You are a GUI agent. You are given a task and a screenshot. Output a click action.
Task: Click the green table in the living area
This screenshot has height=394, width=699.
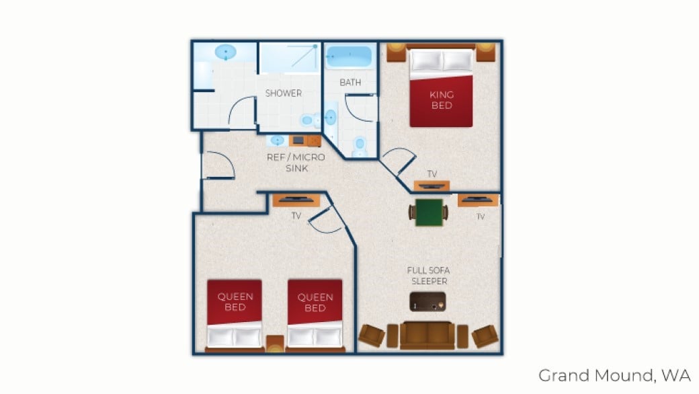tap(428, 212)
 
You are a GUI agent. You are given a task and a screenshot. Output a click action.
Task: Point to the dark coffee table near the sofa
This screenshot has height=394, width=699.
tap(428, 302)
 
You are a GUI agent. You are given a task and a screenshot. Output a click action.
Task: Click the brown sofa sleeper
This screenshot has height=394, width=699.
tap(427, 336)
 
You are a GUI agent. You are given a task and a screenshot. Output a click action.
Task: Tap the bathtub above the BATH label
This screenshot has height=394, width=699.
tap(349, 57)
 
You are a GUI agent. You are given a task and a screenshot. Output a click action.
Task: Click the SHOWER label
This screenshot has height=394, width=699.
tap(283, 93)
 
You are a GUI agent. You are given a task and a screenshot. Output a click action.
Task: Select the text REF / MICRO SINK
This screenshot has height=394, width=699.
tap(296, 163)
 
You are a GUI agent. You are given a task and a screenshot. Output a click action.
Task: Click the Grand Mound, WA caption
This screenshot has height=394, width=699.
tap(614, 375)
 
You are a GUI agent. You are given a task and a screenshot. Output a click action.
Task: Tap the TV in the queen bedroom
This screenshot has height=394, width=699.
tap(295, 199)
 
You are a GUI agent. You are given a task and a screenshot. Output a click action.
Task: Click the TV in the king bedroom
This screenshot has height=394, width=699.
tap(431, 186)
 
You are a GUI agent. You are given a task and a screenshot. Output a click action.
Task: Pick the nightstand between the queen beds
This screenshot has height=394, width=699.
tap(275, 343)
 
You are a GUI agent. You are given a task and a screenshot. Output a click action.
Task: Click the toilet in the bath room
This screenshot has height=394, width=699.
tap(360, 144)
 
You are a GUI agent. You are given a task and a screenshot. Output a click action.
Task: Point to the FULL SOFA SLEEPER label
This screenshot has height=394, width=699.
tap(427, 276)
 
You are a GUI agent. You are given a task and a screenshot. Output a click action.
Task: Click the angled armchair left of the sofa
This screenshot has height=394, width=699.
tap(372, 335)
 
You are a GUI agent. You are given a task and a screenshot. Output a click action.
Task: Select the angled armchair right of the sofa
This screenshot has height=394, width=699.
tap(484, 335)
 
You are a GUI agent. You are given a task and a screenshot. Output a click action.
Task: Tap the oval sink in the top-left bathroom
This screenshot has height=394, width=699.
tap(226, 52)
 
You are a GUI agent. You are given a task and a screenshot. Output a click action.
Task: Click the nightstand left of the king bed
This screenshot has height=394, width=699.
tap(397, 52)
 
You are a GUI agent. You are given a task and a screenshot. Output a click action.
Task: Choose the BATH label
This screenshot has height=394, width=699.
tap(350, 83)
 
